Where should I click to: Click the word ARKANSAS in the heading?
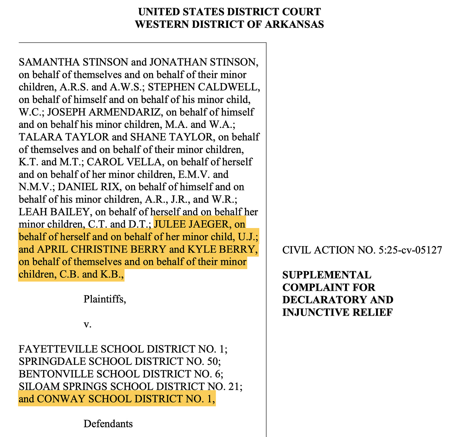click(x=294, y=24)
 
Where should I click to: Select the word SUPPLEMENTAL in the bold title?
click(x=327, y=275)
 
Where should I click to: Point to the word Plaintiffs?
click(x=105, y=299)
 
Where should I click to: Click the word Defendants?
click(x=108, y=424)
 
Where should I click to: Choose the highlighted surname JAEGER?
click(x=209, y=224)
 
